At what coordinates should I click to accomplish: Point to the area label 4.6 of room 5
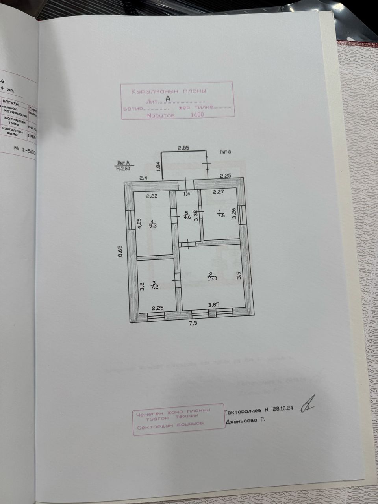[x=187, y=216]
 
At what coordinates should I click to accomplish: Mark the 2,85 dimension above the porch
[x=183, y=148]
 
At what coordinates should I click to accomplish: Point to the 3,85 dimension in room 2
[x=213, y=304]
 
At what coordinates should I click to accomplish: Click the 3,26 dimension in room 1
[x=234, y=213]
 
